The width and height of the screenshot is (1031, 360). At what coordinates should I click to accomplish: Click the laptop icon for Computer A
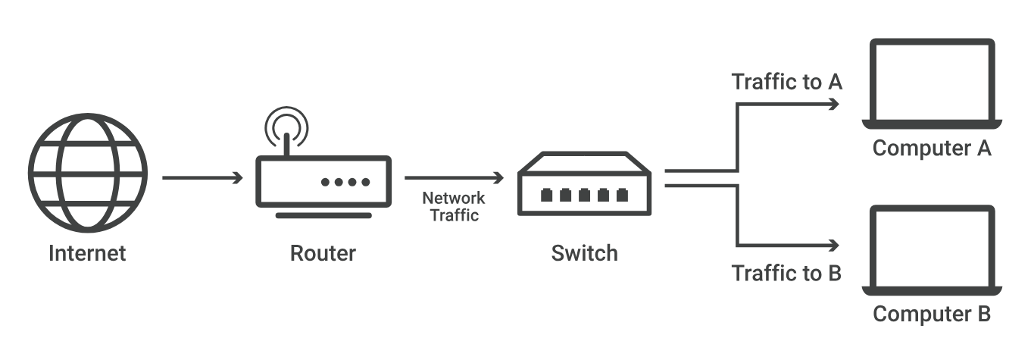click(932, 84)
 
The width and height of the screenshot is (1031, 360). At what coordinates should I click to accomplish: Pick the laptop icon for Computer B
click(932, 249)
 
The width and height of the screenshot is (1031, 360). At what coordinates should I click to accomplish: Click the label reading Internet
click(87, 253)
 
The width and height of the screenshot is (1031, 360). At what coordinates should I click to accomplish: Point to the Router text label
click(323, 253)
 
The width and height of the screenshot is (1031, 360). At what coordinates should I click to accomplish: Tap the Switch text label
click(584, 253)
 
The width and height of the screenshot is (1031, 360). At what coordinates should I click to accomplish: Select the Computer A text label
click(932, 148)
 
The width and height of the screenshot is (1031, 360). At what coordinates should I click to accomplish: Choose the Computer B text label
click(932, 313)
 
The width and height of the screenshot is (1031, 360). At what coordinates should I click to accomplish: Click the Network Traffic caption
click(454, 206)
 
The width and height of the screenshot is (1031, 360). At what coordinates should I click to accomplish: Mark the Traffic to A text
click(786, 82)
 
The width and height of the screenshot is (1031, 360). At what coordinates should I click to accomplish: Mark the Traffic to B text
click(786, 273)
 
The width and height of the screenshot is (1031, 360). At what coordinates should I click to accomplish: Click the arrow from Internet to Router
click(202, 178)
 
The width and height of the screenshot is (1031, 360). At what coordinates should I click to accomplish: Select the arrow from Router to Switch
click(454, 178)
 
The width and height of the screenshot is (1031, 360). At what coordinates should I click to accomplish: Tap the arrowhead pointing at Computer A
click(834, 105)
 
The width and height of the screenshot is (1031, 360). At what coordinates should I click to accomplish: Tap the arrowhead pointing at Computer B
click(834, 246)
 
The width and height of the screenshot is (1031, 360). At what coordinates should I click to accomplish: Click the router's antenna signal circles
click(286, 125)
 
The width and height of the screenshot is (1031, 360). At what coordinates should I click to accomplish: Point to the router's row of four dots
click(345, 182)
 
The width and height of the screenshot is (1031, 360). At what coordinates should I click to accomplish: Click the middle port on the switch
click(584, 196)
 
